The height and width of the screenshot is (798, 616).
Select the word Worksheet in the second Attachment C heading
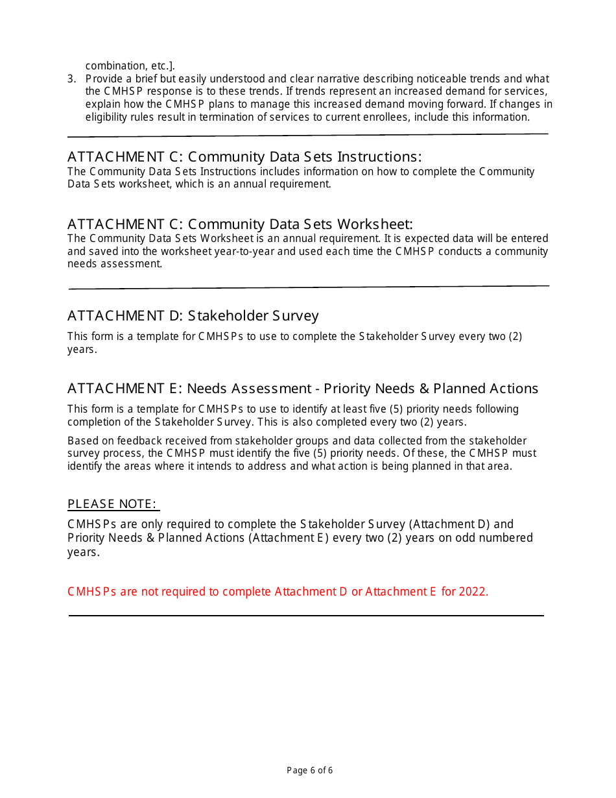(374, 224)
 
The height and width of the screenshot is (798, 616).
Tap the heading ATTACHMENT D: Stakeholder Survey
(193, 316)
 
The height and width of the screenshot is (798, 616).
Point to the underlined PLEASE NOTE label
(113, 504)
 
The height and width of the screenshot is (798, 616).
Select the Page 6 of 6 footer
(309, 771)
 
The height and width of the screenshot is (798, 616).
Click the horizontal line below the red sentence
(306, 616)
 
